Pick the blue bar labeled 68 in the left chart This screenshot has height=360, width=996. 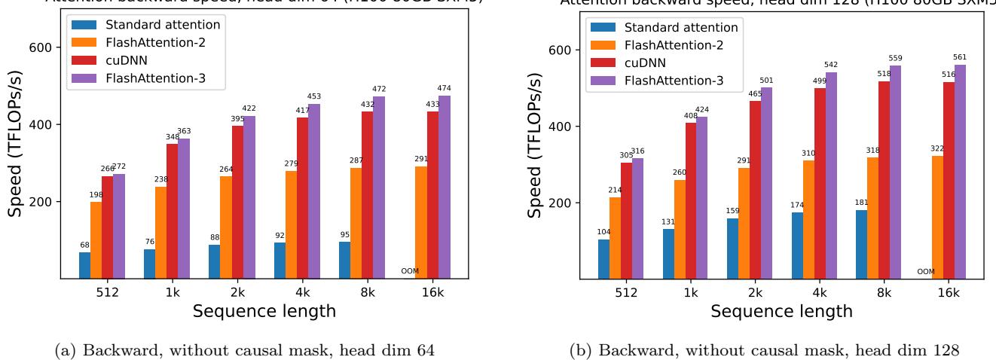coord(85,265)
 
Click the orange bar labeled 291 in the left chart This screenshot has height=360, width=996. coord(422,222)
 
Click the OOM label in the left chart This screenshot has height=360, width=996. coord(410,272)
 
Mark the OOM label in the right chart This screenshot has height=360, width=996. coord(926,272)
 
